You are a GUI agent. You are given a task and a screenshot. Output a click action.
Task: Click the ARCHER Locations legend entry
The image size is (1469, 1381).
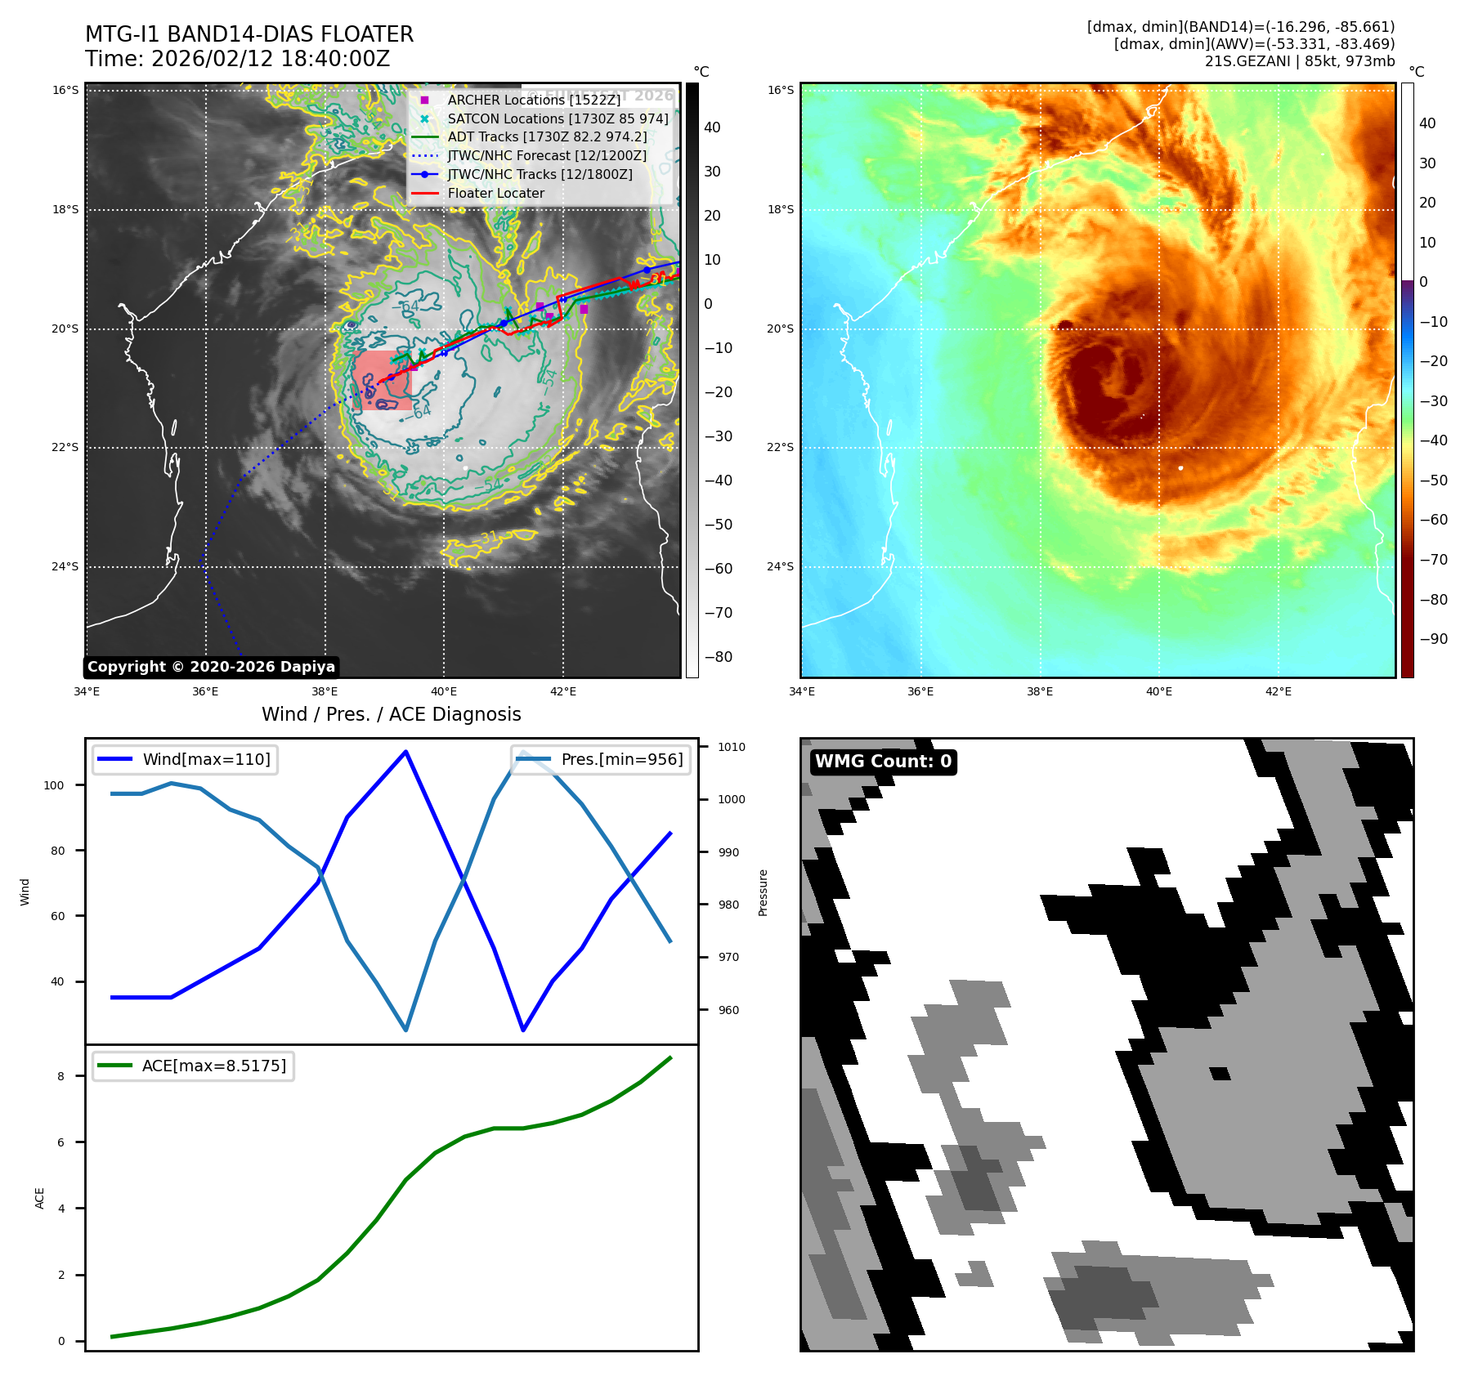[534, 100]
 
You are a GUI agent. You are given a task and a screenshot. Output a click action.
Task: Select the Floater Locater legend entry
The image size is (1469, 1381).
[495, 194]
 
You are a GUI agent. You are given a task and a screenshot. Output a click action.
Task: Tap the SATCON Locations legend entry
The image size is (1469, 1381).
[558, 118]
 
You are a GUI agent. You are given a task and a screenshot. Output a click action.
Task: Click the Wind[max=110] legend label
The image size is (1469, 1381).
[206, 759]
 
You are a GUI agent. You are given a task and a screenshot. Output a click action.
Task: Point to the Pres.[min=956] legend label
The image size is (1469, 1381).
[621, 759]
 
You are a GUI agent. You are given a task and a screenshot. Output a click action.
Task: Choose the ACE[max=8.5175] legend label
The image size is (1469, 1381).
[214, 1066]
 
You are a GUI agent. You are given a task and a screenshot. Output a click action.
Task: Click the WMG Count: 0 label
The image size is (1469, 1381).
[883, 762]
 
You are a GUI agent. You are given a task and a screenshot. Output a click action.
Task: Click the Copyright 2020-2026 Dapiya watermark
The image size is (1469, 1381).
[211, 667]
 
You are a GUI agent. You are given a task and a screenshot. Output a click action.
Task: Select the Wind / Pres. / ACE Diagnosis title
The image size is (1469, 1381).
[391, 714]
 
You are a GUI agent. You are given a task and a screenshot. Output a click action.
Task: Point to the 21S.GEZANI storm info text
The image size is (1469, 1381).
[1299, 61]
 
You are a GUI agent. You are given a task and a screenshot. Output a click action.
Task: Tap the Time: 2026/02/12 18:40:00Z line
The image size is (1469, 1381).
[237, 59]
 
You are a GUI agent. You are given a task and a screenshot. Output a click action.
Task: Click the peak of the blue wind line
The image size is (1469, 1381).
[406, 751]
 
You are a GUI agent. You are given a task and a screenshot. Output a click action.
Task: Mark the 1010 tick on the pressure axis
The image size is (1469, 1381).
[731, 747]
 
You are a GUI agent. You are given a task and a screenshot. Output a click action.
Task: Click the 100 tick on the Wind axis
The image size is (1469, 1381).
[54, 785]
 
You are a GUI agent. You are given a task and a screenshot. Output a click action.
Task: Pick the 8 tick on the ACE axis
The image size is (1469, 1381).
[61, 1076]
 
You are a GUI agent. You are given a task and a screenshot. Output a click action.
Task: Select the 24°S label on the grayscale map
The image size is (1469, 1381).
[65, 567]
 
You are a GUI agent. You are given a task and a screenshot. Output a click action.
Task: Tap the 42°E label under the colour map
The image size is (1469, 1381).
[1278, 691]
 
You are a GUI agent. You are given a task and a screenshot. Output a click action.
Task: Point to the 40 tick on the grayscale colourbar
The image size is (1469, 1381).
[712, 127]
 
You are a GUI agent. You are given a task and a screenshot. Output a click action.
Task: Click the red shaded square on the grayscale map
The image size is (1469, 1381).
[383, 381]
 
